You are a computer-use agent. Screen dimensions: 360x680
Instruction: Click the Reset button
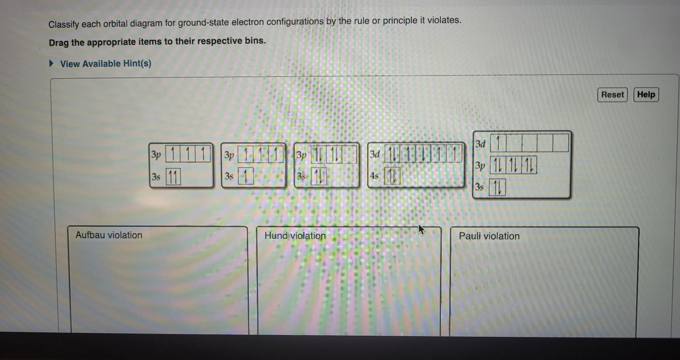click(612, 95)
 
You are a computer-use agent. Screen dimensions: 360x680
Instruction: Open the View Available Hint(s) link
click(106, 64)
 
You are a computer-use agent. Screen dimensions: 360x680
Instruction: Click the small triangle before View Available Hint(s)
click(52, 64)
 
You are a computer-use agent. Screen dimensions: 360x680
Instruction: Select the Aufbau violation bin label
click(109, 235)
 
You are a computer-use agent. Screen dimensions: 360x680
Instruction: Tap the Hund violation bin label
click(295, 236)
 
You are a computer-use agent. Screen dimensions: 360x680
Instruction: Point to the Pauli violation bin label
click(489, 236)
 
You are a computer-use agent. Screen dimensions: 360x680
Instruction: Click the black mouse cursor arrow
click(421, 229)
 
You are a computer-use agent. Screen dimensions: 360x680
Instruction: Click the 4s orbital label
click(374, 176)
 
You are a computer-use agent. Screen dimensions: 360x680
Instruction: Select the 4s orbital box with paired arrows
click(392, 176)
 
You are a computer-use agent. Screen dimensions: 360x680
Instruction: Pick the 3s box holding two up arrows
click(173, 177)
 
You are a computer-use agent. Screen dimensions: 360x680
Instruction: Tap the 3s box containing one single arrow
click(246, 176)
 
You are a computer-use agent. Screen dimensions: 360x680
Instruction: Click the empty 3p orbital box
click(349, 155)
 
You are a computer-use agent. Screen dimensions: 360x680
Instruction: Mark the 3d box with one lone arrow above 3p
click(498, 144)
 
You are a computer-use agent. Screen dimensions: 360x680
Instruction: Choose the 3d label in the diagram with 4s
click(375, 154)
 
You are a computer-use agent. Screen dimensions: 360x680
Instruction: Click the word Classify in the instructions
click(63, 24)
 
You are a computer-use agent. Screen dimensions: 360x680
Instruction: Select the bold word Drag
click(59, 43)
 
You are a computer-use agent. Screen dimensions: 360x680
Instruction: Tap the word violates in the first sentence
click(444, 20)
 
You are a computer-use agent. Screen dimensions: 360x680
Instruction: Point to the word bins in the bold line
click(255, 41)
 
